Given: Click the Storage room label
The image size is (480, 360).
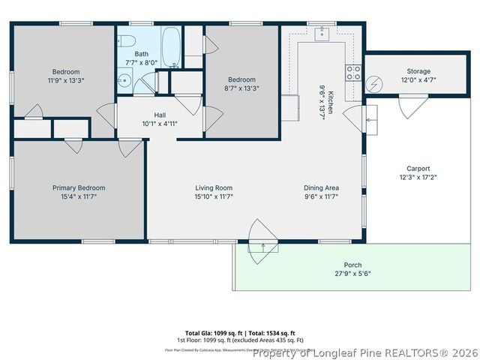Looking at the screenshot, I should click(418, 71).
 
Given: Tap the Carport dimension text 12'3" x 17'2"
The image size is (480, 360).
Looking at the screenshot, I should click(418, 177).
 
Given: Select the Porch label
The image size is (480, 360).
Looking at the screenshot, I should click(352, 265).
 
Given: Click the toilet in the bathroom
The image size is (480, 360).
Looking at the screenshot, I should click(127, 40).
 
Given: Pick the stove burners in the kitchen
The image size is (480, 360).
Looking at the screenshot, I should click(352, 73).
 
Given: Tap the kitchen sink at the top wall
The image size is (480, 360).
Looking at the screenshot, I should click(322, 32).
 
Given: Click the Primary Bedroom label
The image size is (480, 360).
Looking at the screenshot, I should click(79, 187).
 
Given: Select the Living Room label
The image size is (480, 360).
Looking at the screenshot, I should click(214, 187).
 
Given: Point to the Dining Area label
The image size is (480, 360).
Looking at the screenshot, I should click(321, 187).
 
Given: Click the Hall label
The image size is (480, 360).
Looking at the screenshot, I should click(160, 115).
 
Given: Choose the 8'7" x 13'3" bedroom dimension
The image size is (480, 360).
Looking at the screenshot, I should click(241, 88).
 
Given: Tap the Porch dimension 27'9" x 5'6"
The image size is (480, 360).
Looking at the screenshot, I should click(352, 273).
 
